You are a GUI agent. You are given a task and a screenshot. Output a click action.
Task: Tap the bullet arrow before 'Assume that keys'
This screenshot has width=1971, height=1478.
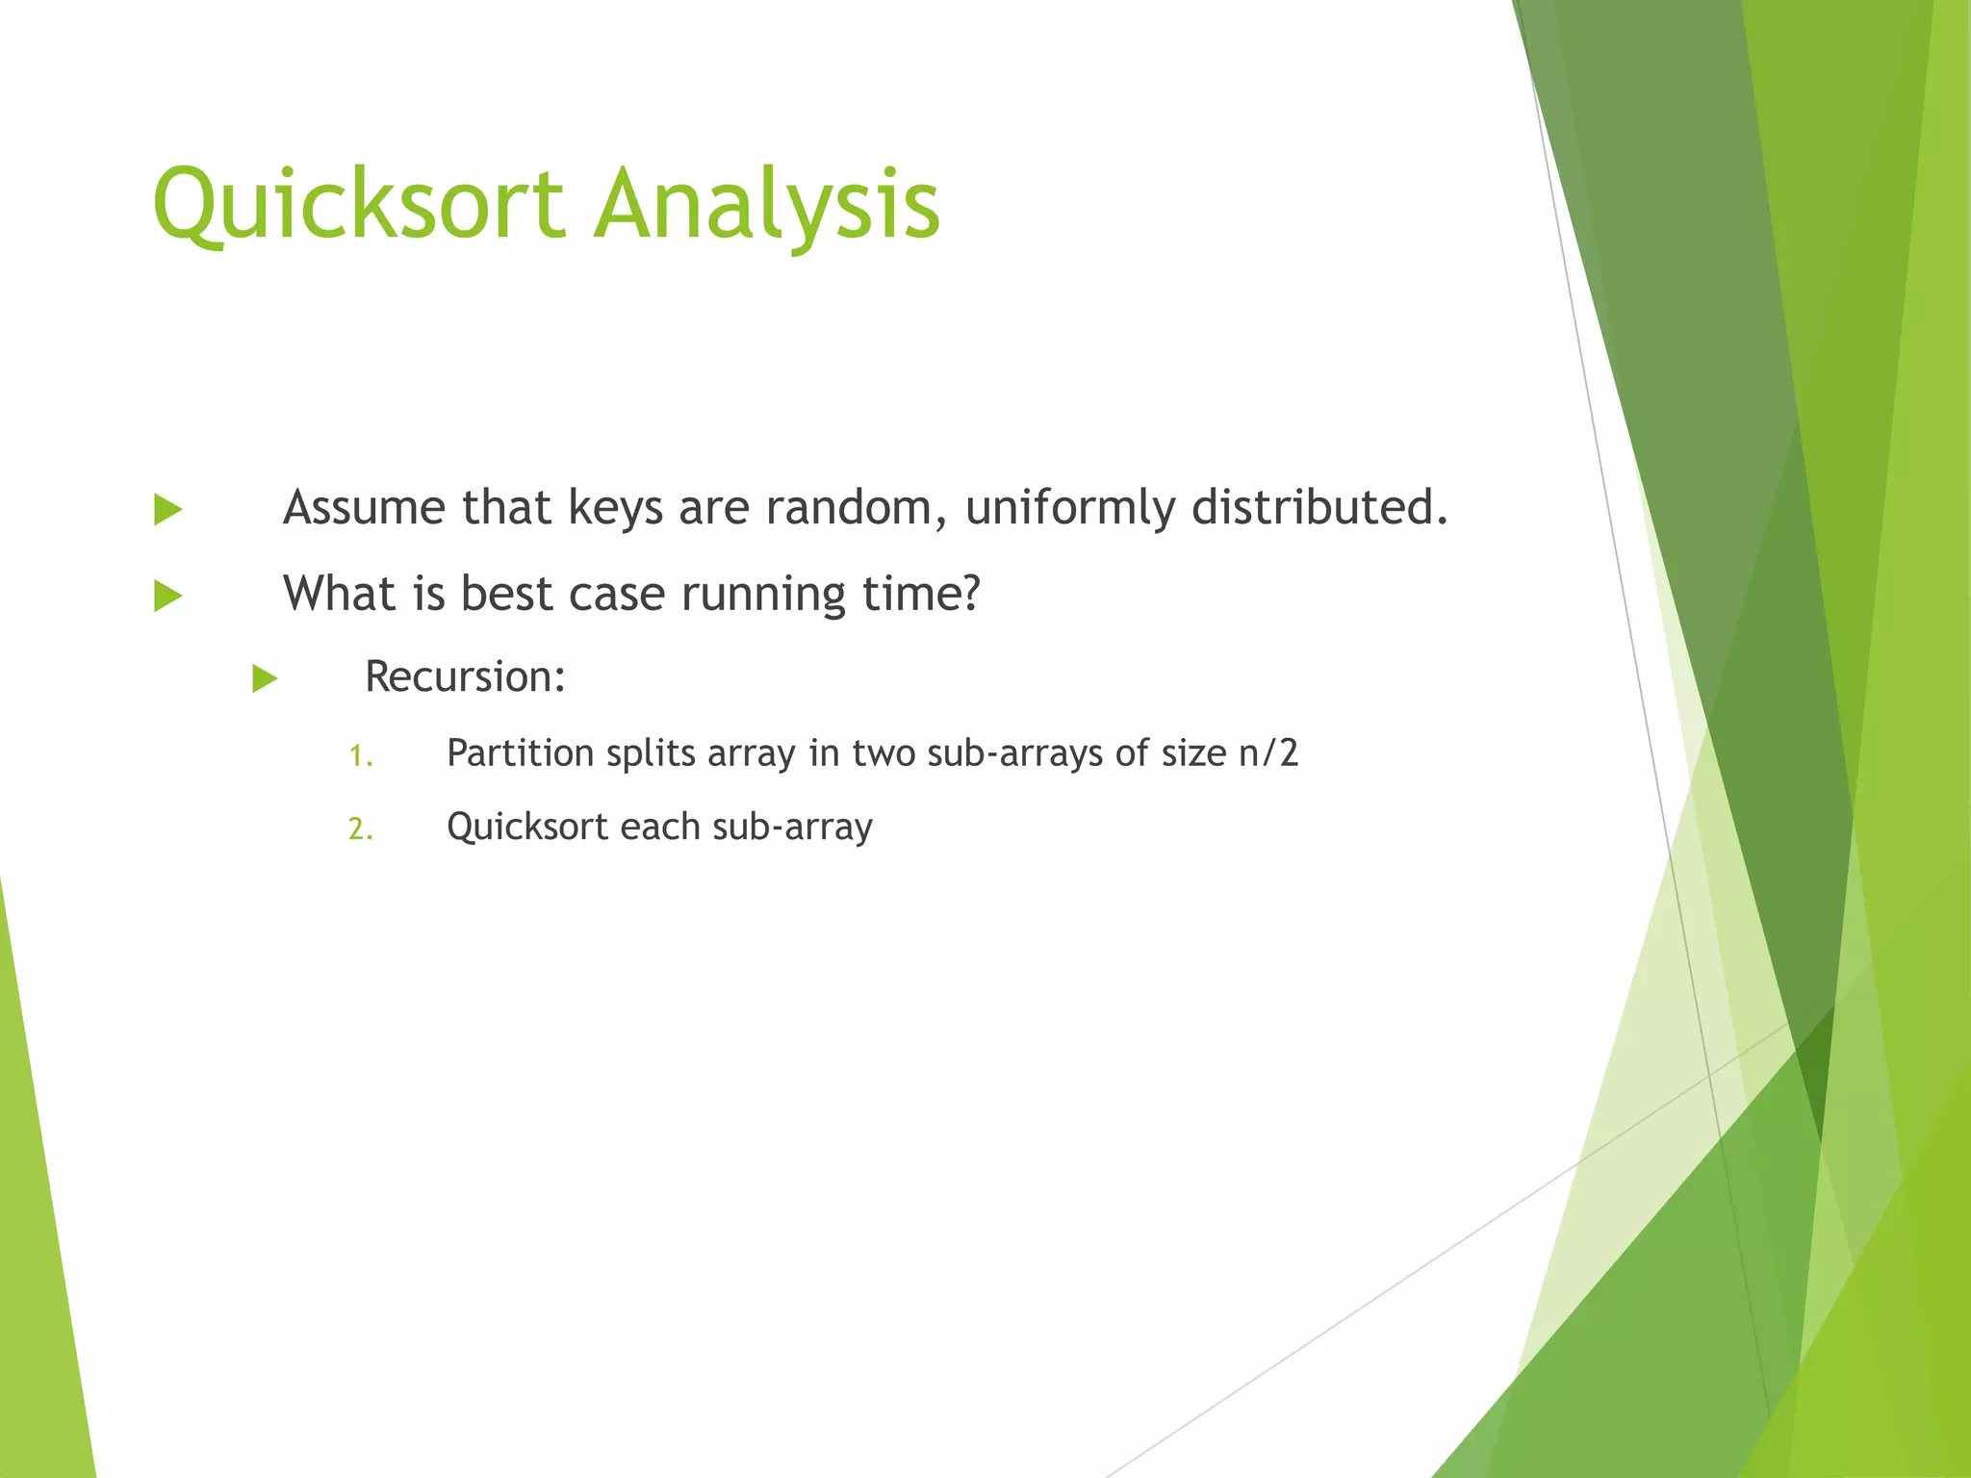(x=167, y=509)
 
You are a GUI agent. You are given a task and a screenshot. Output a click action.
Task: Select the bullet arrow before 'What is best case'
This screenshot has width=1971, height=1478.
(x=167, y=596)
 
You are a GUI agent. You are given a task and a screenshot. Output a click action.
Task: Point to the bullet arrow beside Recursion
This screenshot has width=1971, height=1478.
(x=265, y=678)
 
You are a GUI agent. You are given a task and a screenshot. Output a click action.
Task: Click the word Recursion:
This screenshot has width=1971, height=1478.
(x=465, y=676)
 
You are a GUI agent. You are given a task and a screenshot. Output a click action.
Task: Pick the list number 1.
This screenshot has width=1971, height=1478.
(x=359, y=756)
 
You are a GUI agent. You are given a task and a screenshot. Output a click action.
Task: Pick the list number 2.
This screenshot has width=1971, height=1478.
(x=359, y=829)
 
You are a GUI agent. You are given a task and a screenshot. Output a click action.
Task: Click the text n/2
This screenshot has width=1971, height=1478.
(x=1268, y=752)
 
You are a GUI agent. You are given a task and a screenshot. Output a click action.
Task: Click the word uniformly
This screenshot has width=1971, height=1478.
(x=1069, y=507)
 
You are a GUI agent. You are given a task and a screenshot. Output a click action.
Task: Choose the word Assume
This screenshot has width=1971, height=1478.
(x=364, y=507)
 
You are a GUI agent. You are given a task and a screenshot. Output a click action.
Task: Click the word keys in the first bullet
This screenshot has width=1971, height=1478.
(x=615, y=507)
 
